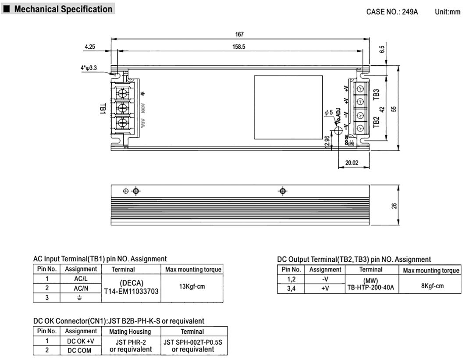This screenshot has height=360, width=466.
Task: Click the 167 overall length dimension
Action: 239,35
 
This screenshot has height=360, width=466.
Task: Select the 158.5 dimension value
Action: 239,46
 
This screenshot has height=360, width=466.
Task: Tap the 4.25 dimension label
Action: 89,46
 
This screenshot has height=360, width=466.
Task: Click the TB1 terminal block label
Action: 103,109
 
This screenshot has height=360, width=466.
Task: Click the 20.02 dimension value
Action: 352,162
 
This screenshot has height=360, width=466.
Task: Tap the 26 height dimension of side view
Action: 394,205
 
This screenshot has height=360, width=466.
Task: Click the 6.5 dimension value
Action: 381,50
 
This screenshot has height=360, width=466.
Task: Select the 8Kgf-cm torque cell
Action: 432,285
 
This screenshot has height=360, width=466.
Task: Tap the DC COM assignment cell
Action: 80,350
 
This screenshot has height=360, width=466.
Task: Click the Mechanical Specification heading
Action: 63,9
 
